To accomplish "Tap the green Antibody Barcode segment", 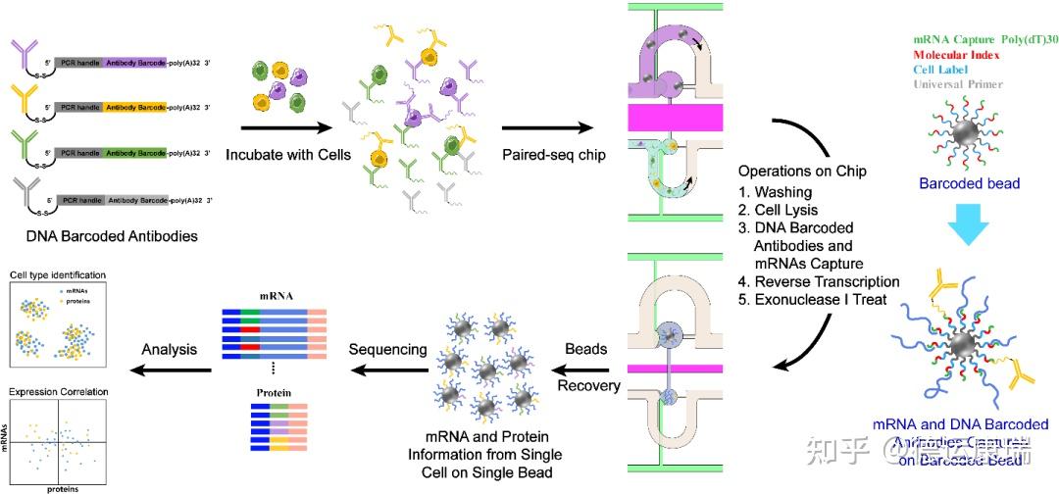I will [136, 153].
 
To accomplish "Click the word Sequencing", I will [389, 349].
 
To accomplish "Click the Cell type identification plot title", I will [57, 275].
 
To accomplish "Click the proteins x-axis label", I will [63, 487].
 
